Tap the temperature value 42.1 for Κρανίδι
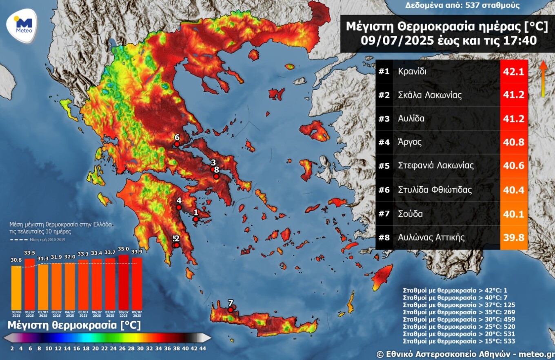(x=514, y=72)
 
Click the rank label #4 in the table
(x=384, y=142)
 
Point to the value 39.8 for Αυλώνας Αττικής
(x=514, y=237)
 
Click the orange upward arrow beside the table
(x=543, y=79)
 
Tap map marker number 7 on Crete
(x=231, y=310)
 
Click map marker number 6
(x=177, y=144)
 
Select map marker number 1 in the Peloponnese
(x=195, y=219)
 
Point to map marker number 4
(x=179, y=207)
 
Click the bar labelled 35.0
(x=124, y=282)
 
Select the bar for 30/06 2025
(x=16, y=287)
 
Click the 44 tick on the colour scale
(x=202, y=348)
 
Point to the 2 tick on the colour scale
(x=12, y=348)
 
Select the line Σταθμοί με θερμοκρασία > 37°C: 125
(x=459, y=304)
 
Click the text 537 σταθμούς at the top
(x=495, y=6)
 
